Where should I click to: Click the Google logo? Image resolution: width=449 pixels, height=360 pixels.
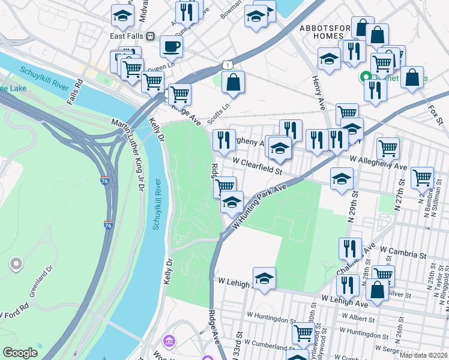20,353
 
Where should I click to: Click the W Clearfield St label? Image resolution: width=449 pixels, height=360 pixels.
258,166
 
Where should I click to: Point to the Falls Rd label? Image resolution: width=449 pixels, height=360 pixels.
74,92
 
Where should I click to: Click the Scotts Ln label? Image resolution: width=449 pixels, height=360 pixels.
218,113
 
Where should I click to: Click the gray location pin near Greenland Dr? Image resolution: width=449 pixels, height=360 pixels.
16,263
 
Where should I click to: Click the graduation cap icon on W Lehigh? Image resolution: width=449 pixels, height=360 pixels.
264,278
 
